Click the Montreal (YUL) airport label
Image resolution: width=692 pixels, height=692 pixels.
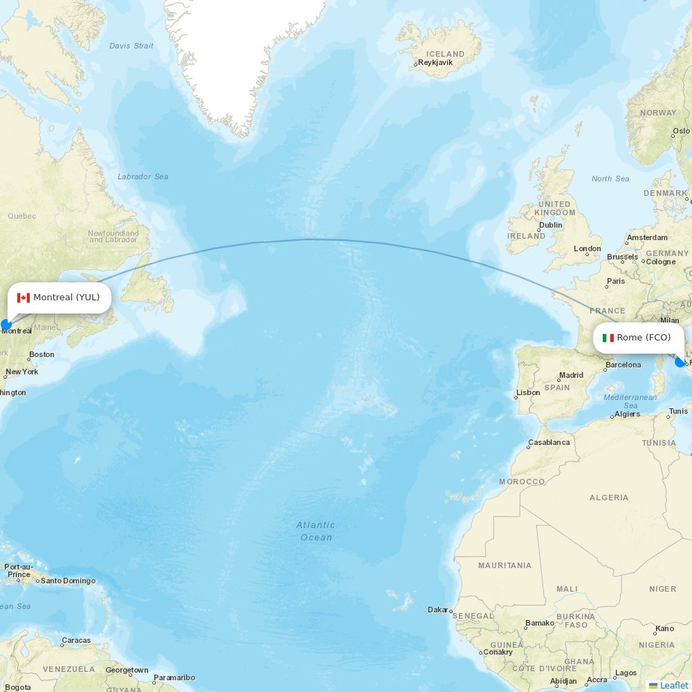pos(66,298)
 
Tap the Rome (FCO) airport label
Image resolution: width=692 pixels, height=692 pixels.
pos(644,338)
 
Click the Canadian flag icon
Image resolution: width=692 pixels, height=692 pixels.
pos(24,298)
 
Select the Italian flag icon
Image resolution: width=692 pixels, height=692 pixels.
pos(608,338)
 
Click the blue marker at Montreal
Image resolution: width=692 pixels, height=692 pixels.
pos(6,325)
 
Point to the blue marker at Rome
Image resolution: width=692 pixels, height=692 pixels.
pos(680,361)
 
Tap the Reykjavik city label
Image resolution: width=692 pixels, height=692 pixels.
pos(435,62)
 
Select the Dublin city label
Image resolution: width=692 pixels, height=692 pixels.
pos(550,225)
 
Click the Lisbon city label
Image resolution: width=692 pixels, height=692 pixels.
pos(528,392)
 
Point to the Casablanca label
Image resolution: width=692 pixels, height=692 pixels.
pos(549,442)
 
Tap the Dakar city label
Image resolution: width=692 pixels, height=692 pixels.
pos(438,610)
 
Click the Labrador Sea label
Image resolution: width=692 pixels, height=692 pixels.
pos(143,176)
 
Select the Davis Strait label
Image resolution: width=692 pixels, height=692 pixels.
pos(131,46)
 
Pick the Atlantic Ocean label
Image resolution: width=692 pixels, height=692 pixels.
pos(316,531)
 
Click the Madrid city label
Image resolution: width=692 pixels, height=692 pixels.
pos(571,375)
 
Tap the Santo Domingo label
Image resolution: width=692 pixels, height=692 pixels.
pos(68,581)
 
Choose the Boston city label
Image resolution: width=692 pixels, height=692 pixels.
pos(42,354)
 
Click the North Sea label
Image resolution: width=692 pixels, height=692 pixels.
pos(610,179)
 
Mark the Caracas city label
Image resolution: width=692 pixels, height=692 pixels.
pos(76,640)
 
